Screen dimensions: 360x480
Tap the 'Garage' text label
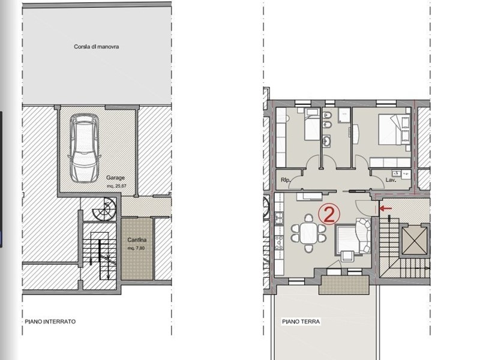point(116,179)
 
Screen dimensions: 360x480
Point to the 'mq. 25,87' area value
point(116,186)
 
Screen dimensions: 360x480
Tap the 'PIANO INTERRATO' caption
point(50,322)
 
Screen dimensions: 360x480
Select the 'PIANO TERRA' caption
point(301,322)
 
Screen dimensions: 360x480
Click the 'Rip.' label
point(286,179)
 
